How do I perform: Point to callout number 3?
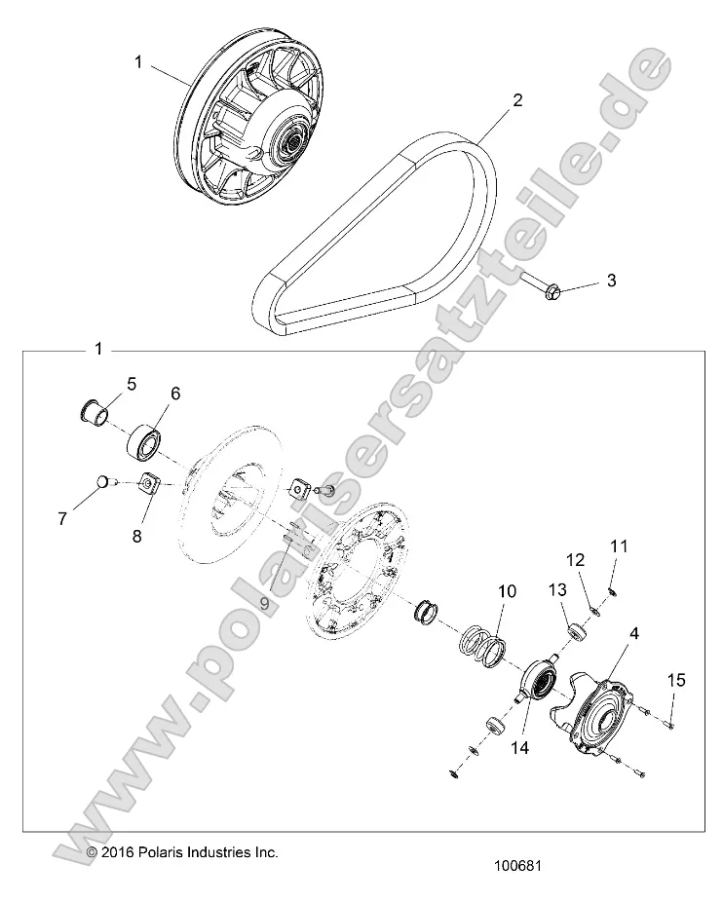[x=611, y=281]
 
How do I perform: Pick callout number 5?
[x=131, y=382]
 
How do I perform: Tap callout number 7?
[x=62, y=518]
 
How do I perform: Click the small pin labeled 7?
[x=104, y=479]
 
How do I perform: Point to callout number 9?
[x=262, y=603]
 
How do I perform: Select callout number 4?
[x=607, y=633]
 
